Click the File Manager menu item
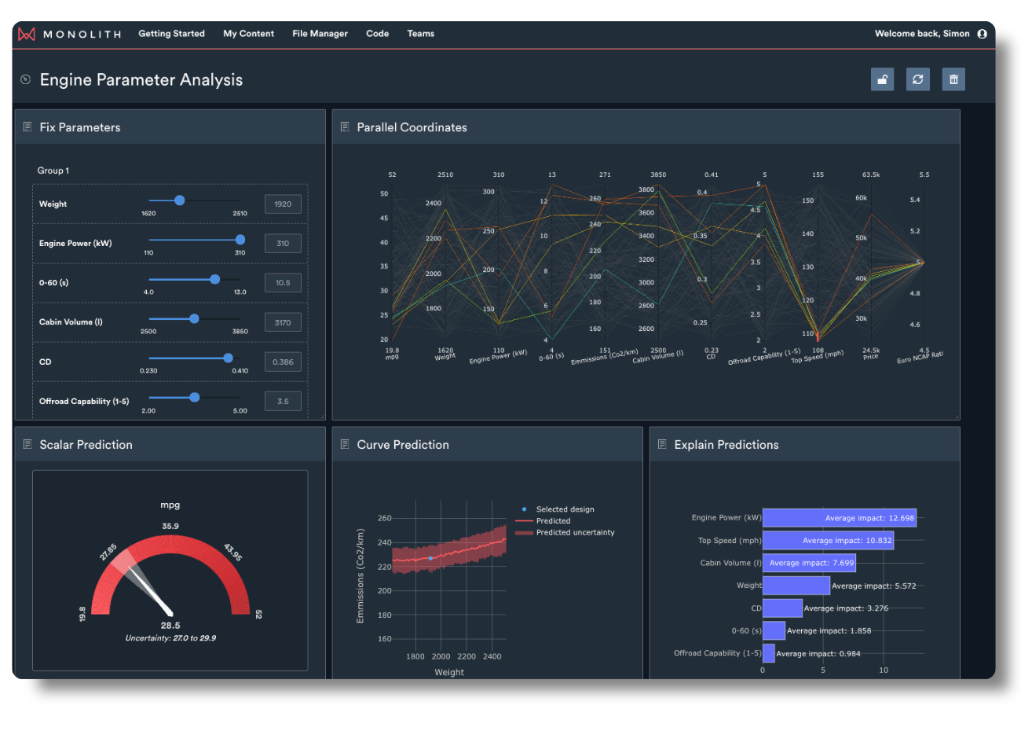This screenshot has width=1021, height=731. click(x=320, y=34)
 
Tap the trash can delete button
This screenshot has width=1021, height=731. click(x=953, y=79)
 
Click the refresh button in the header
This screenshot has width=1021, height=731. click(x=917, y=79)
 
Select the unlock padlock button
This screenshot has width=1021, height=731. click(x=882, y=79)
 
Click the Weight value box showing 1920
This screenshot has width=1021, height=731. click(x=283, y=204)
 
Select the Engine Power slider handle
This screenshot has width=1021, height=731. click(x=240, y=240)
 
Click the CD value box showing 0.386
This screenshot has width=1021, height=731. click(x=283, y=362)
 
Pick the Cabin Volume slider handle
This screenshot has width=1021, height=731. click(x=194, y=318)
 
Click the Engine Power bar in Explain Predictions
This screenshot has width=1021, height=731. click(x=839, y=518)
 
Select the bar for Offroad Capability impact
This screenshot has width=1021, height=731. click(x=768, y=653)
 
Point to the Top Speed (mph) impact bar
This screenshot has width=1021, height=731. click(x=828, y=541)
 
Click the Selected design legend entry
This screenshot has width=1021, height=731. click(x=565, y=509)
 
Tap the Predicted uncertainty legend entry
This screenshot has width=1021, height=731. click(x=575, y=533)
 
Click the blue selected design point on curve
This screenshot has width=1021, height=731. click(x=430, y=558)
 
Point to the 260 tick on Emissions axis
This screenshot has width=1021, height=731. click(x=384, y=518)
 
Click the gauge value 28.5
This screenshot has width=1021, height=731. click(x=170, y=626)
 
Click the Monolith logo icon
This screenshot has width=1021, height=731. click(x=27, y=34)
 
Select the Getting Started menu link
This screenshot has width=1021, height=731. click(x=171, y=34)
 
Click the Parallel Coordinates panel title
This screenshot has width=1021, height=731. click(x=412, y=127)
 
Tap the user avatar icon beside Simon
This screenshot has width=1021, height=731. click(x=982, y=34)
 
